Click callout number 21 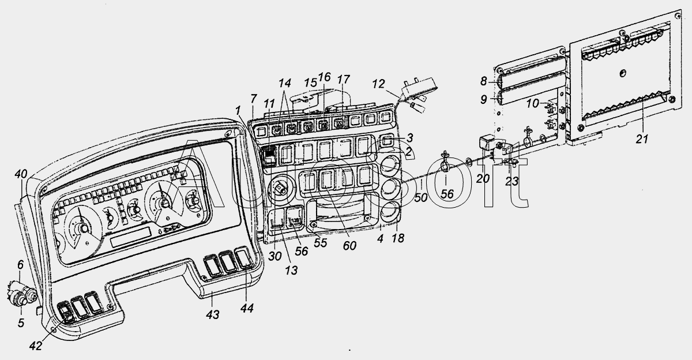(641, 139)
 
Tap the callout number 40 (21, 174)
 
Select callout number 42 (36, 346)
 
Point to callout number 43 (213, 314)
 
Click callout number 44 (247, 307)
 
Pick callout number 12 (378, 84)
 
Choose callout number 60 (349, 246)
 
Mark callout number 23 (512, 181)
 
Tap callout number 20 (483, 178)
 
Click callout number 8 (483, 81)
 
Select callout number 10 (532, 103)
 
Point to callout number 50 (421, 197)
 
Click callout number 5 (21, 323)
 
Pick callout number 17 (343, 80)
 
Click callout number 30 (274, 256)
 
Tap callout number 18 (398, 238)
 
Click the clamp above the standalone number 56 (445, 163)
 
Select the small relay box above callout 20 (487, 142)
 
